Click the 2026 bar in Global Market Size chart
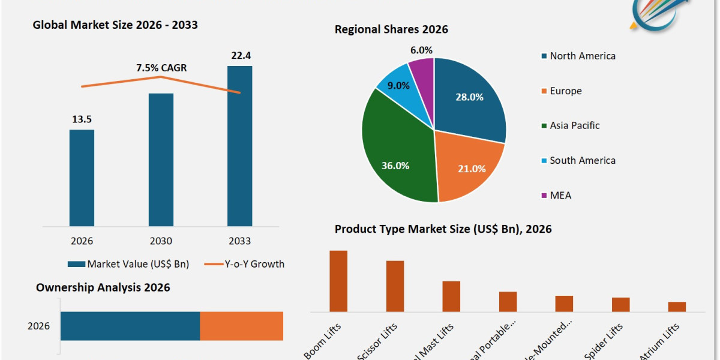tap(82, 178)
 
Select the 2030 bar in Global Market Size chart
tap(161, 160)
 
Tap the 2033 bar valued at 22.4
tap(239, 146)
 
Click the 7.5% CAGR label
tap(161, 68)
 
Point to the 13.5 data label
tap(82, 119)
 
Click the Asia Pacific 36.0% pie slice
tap(396, 156)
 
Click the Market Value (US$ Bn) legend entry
tap(128, 264)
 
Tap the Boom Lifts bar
tap(338, 281)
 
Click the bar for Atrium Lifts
tap(677, 307)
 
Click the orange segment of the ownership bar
tap(241, 326)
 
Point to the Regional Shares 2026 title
tap(391, 29)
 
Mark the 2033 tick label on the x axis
tap(239, 241)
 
